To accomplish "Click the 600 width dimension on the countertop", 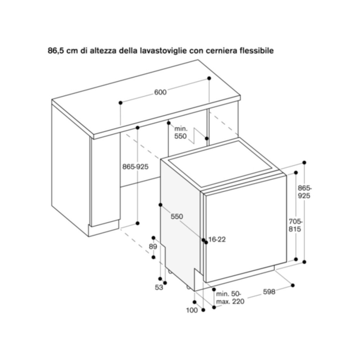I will (160, 92).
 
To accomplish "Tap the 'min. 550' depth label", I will (181, 132).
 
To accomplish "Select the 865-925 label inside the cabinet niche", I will (135, 167).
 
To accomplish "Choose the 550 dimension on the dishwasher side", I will (177, 216).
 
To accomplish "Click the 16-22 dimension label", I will (217, 239).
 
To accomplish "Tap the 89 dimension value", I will (153, 247).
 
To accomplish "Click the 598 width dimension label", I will (269, 292).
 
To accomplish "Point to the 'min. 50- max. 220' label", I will (230, 297).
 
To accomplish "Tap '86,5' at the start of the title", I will (55, 51).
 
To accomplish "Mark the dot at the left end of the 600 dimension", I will (121, 103).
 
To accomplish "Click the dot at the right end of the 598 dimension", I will (293, 285).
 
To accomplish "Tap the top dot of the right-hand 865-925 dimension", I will (304, 163).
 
